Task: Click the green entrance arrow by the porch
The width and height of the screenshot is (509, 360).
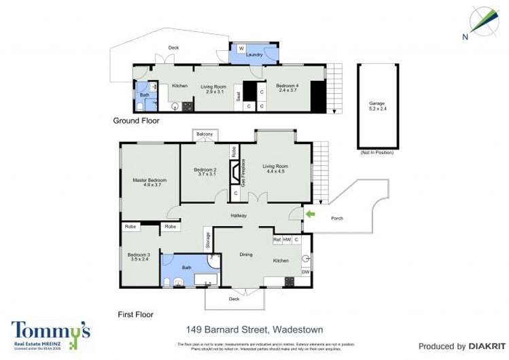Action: pyautogui.click(x=310, y=215)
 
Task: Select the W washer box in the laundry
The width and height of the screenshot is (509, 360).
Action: pyautogui.click(x=241, y=48)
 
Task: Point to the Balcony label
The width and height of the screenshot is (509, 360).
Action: pyautogui.click(x=205, y=134)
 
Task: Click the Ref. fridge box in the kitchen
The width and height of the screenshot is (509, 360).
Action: pyautogui.click(x=277, y=240)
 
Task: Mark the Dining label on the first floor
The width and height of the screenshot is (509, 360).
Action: pyautogui.click(x=245, y=255)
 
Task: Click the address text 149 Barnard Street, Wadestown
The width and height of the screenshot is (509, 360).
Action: pyautogui.click(x=253, y=329)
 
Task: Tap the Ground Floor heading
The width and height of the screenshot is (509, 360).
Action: pyautogui.click(x=136, y=121)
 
